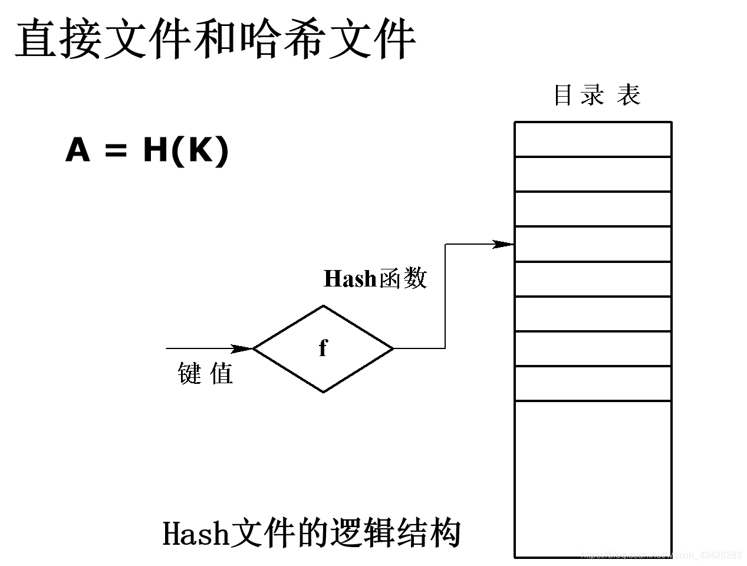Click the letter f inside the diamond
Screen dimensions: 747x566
coord(323,348)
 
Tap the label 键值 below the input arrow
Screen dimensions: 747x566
coord(205,373)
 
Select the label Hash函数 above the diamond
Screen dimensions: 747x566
coord(375,278)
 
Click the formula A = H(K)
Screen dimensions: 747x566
coord(147,149)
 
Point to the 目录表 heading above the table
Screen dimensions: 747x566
coord(596,95)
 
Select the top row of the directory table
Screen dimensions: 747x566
coord(593,139)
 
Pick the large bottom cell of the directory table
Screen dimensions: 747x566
coord(593,478)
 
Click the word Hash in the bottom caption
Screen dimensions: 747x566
coord(195,534)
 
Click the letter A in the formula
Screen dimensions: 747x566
coord(78,150)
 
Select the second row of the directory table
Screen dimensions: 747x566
coord(593,174)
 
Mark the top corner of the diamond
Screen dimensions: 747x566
coord(323,305)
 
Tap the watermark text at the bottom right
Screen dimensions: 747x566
coord(660,555)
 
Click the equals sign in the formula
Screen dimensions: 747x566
coord(116,151)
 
